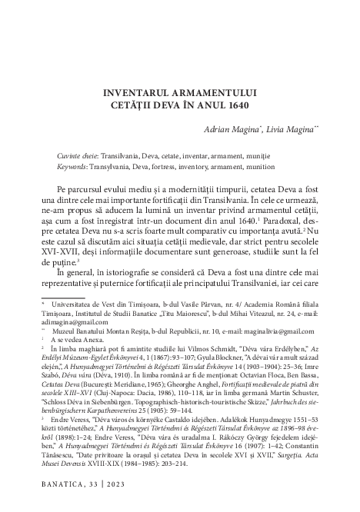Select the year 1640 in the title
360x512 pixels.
click(238, 105)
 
